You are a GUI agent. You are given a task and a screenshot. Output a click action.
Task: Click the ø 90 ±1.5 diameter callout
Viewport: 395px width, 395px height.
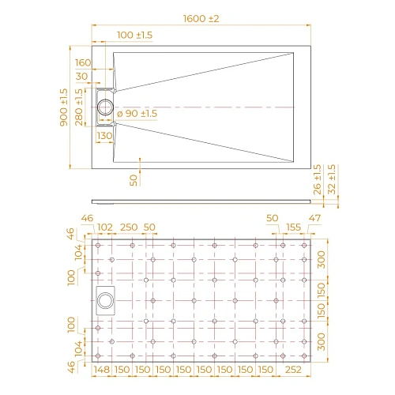[137, 115]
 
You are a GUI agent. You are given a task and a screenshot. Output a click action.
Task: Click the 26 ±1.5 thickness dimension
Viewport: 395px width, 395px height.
[317, 181]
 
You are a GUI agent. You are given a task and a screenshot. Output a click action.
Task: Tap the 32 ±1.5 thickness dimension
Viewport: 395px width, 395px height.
[331, 181]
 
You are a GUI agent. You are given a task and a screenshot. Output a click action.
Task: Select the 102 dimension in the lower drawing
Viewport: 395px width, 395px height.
[105, 228]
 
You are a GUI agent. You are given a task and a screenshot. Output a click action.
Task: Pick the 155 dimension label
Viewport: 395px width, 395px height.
[293, 228]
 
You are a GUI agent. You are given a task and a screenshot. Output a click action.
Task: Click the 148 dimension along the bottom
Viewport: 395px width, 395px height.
[100, 370]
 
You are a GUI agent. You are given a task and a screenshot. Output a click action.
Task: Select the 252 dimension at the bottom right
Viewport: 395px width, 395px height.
[294, 370]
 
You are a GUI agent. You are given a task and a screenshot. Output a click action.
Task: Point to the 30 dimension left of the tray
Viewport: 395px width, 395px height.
[82, 77]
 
